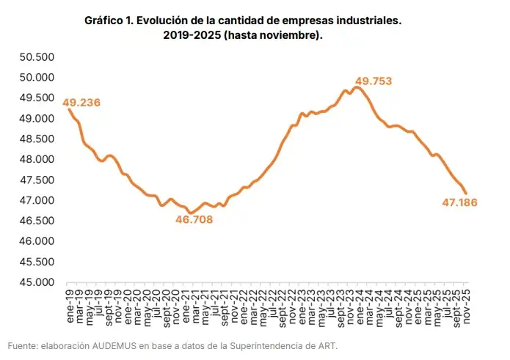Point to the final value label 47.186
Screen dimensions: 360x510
(460, 202)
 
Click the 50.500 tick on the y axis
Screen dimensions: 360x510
(36, 57)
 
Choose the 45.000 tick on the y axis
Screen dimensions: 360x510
(36, 282)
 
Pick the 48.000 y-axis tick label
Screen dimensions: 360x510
(36, 160)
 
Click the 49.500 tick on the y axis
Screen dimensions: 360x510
(36, 98)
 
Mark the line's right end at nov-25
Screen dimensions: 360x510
(466, 193)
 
